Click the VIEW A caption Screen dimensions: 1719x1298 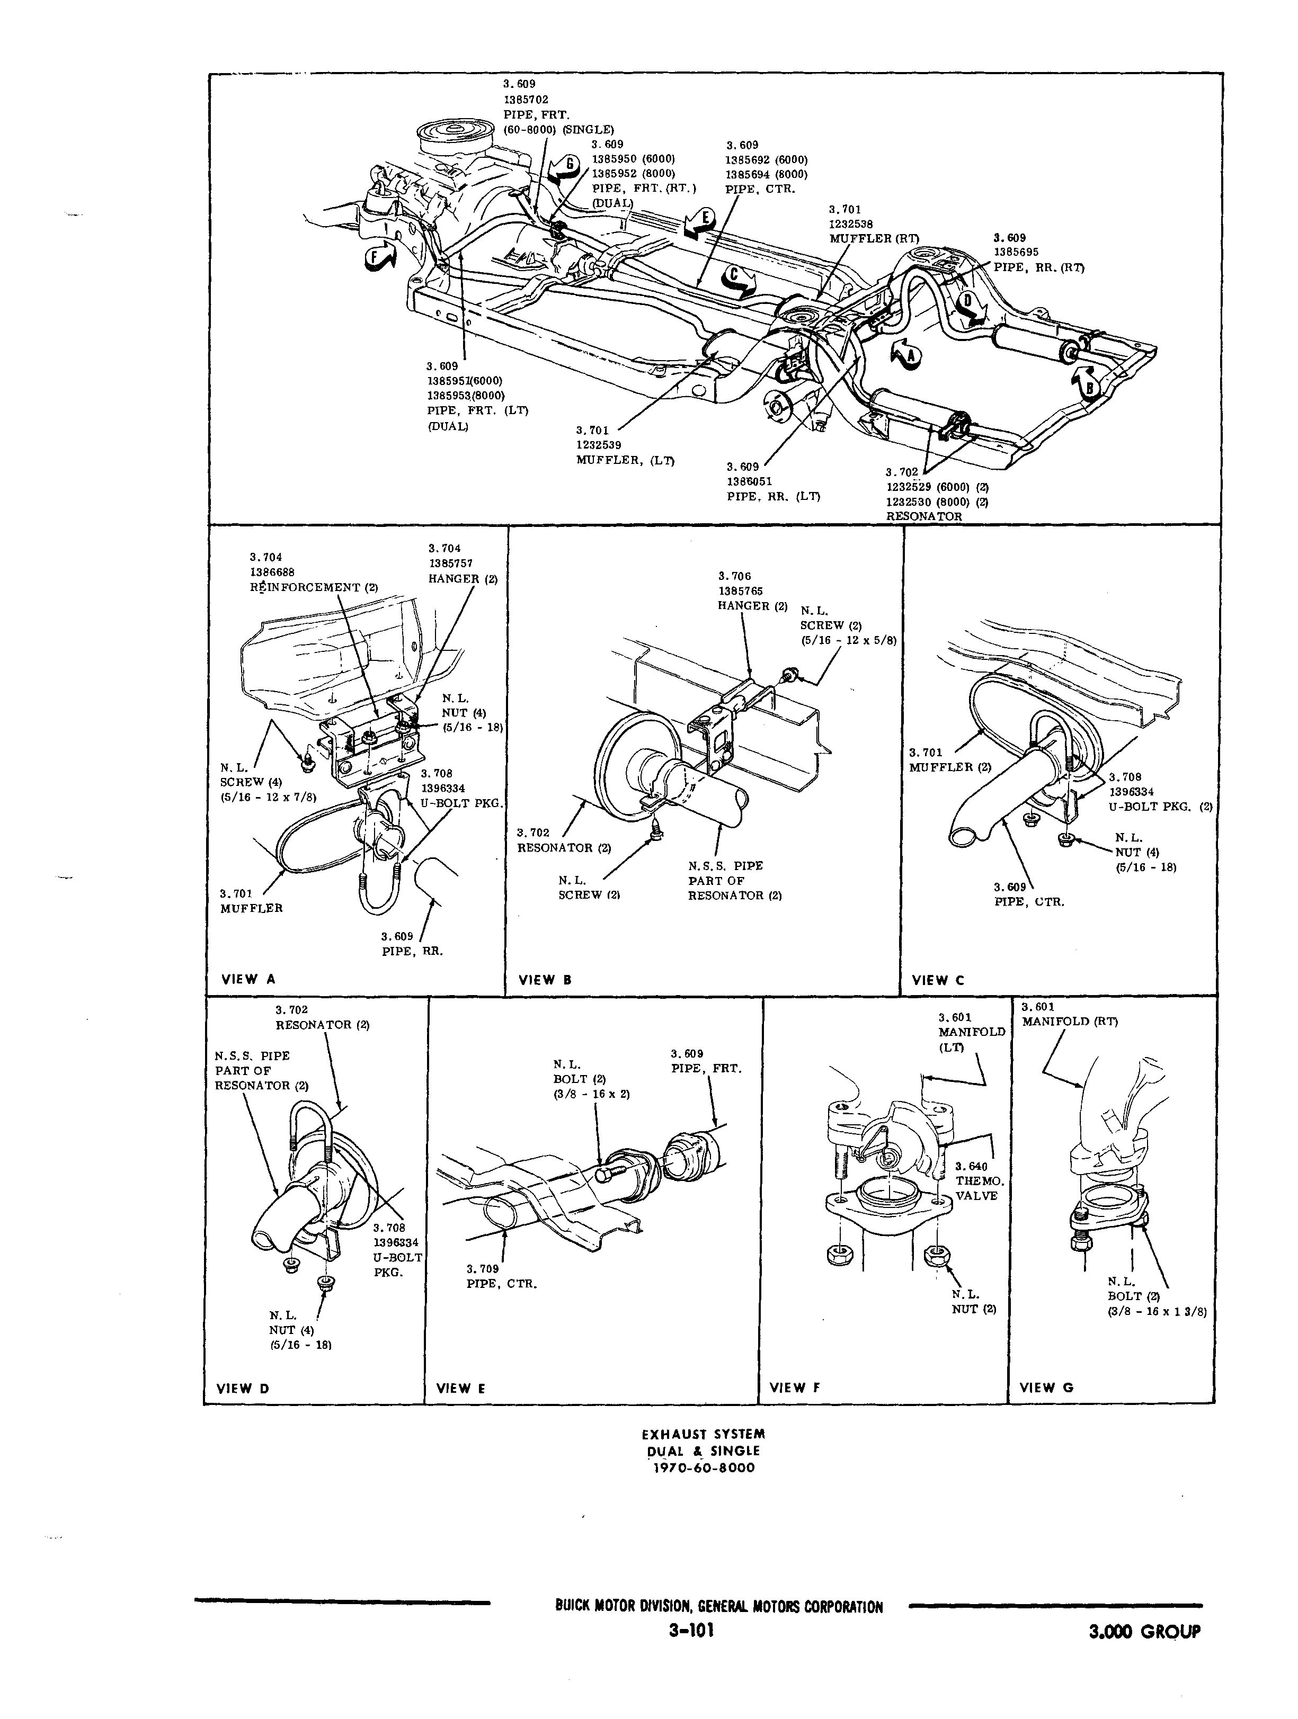[248, 979]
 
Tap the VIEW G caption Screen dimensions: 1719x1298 [1046, 1387]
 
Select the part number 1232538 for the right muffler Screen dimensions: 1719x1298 [851, 224]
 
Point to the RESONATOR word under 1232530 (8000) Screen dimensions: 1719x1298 [923, 516]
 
